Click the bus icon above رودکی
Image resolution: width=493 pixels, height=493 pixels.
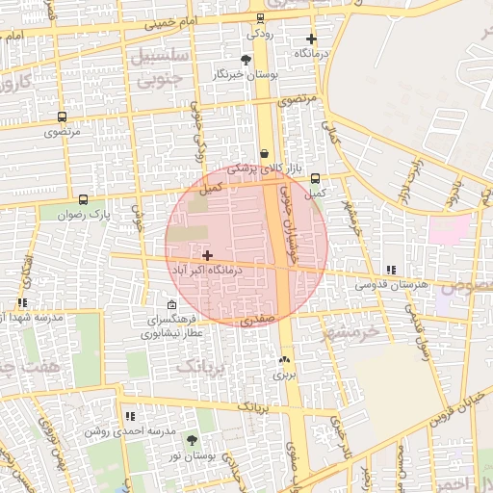(x=260, y=18)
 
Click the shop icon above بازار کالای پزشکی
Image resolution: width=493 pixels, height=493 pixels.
(x=264, y=153)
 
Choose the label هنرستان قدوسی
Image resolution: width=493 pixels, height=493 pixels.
(x=389, y=285)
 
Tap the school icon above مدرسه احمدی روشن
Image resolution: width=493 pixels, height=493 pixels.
(x=129, y=416)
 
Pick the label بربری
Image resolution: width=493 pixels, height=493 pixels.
(x=283, y=374)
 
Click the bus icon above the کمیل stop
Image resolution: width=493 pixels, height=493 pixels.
(x=315, y=178)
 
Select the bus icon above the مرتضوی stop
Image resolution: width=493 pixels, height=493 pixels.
(x=63, y=117)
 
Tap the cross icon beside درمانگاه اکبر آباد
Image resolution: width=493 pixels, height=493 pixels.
(x=208, y=255)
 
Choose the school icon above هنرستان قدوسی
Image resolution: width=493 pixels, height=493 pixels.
(x=389, y=271)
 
